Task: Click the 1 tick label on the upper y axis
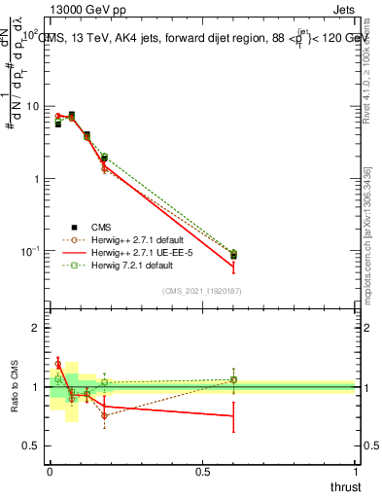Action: [x=36, y=179]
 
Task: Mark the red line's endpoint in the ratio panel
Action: [x=233, y=415]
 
